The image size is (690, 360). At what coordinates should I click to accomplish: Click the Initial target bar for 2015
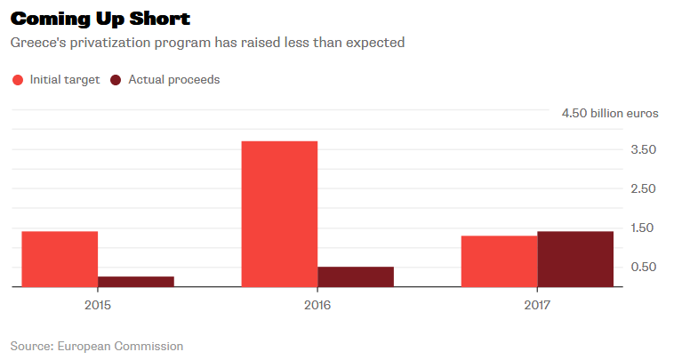pyautogui.click(x=60, y=259)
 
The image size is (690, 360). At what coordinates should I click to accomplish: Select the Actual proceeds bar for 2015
pyautogui.click(x=136, y=282)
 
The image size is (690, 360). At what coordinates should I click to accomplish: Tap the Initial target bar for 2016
pyautogui.click(x=279, y=213)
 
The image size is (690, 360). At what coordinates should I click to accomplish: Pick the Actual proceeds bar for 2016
pyautogui.click(x=356, y=276)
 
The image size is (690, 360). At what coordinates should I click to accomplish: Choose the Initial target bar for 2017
pyautogui.click(x=499, y=261)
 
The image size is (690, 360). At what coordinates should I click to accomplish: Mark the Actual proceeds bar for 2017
pyautogui.click(x=575, y=259)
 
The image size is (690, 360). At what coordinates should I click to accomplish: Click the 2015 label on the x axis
pyautogui.click(x=98, y=305)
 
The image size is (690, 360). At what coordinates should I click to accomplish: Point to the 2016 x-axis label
pyautogui.click(x=317, y=305)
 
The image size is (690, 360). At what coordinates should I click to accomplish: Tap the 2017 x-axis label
pyautogui.click(x=537, y=305)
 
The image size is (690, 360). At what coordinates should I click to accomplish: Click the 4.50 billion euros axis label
pyautogui.click(x=610, y=113)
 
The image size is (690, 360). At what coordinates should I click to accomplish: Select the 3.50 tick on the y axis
pyautogui.click(x=644, y=150)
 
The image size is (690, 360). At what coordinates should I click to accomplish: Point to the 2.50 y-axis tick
pyautogui.click(x=644, y=189)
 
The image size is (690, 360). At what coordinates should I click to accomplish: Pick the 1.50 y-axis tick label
pyautogui.click(x=644, y=228)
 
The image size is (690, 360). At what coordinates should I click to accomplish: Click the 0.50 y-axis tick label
pyautogui.click(x=644, y=268)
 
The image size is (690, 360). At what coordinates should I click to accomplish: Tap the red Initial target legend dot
pyautogui.click(x=18, y=80)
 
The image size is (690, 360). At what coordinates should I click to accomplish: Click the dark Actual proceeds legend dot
pyautogui.click(x=116, y=80)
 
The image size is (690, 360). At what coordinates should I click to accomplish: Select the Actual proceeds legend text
pyautogui.click(x=173, y=80)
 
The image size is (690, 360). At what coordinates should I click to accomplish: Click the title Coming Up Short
pyautogui.click(x=100, y=19)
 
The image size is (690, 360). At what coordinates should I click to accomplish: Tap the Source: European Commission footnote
pyautogui.click(x=96, y=346)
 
